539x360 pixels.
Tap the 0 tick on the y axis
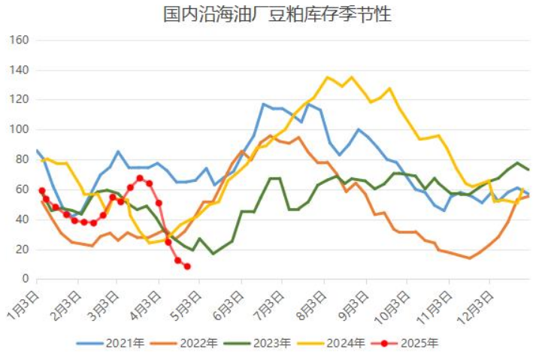coord(25,279)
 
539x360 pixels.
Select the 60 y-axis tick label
coord(22,189)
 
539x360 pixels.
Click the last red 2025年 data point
coord(187,267)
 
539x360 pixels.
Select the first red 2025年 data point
coord(41,191)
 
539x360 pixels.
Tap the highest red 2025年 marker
coord(140,178)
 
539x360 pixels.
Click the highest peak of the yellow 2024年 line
coord(328,77)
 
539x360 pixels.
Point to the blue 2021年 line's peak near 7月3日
coord(264,104)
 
